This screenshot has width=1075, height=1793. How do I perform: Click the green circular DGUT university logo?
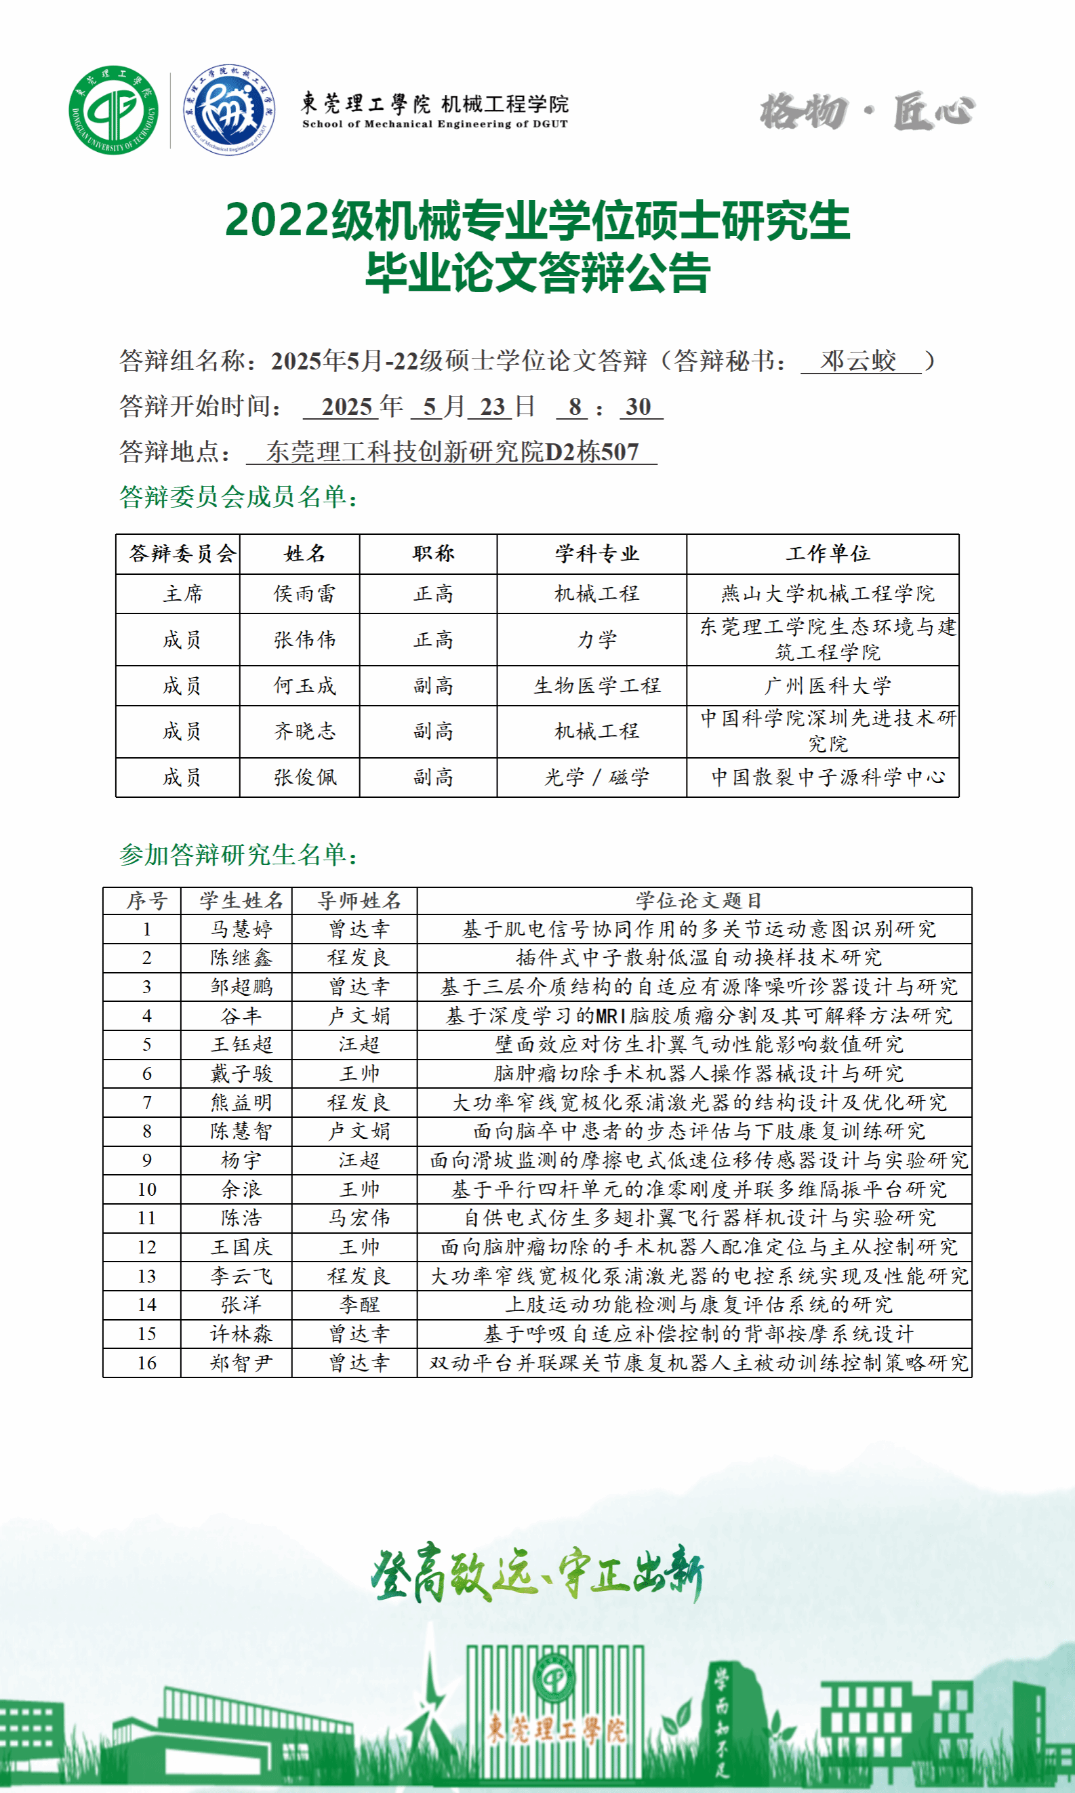pyautogui.click(x=114, y=110)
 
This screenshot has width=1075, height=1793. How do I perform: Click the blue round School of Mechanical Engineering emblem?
pyautogui.click(x=229, y=110)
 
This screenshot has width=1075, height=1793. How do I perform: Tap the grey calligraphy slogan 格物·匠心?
pyautogui.click(x=867, y=112)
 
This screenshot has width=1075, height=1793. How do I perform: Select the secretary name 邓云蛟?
pyautogui.click(x=858, y=361)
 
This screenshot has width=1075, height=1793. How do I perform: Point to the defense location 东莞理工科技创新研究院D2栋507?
pyautogui.click(x=452, y=452)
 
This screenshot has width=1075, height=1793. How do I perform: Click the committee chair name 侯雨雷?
pyautogui.click(x=304, y=594)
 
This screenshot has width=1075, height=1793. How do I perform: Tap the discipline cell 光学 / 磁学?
pyautogui.click(x=596, y=778)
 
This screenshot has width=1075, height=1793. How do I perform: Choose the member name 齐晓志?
pyautogui.click(x=304, y=731)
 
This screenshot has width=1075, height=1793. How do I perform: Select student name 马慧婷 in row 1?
pyautogui.click(x=241, y=929)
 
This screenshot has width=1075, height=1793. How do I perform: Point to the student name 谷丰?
pyautogui.click(x=241, y=1015)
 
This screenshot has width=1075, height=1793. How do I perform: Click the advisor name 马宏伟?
pyautogui.click(x=359, y=1217)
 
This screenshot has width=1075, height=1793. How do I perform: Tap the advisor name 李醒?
pyautogui.click(x=359, y=1305)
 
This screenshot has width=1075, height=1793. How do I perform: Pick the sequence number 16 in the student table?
pyautogui.click(x=146, y=1363)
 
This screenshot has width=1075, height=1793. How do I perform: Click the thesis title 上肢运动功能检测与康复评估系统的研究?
pyautogui.click(x=698, y=1305)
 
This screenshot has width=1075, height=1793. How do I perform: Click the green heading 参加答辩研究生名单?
pyautogui.click(x=239, y=855)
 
